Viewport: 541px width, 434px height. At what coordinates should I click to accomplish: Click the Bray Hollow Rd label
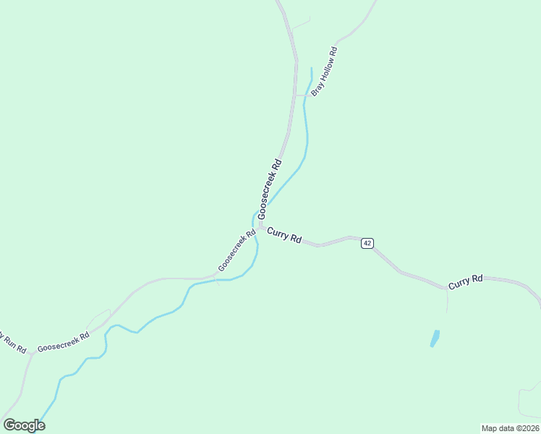(325, 72)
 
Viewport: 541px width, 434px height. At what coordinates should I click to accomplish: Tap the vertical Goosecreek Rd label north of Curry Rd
(269, 188)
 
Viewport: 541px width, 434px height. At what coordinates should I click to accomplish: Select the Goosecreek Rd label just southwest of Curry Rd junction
(237, 251)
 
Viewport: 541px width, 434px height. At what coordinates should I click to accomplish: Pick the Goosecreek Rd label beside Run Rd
(64, 341)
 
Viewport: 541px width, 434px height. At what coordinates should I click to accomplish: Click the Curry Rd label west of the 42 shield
(284, 235)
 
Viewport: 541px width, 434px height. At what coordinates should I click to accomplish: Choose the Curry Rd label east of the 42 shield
(465, 282)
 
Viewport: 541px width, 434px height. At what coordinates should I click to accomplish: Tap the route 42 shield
(367, 243)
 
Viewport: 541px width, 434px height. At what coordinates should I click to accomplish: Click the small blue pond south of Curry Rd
(435, 338)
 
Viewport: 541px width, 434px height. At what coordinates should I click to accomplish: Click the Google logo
(24, 425)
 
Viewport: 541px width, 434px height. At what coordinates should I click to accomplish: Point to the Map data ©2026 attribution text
(510, 428)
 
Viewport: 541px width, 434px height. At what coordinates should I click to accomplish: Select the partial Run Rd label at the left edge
(11, 342)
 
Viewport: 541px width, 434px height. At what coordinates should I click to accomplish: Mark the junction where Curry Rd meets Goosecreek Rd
(260, 226)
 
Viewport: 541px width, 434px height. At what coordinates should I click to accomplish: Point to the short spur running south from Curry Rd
(447, 300)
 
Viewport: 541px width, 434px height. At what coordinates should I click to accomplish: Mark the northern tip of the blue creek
(311, 69)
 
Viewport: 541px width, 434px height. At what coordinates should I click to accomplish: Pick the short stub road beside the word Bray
(300, 95)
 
